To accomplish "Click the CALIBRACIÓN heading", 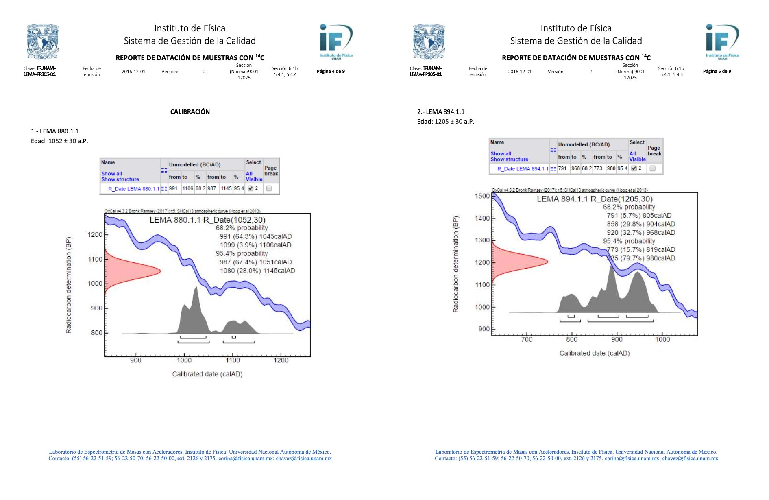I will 190,111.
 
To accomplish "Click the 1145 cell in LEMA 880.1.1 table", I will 226,188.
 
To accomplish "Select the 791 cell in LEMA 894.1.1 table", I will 562,168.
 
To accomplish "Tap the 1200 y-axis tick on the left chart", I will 95,235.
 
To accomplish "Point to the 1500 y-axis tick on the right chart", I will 482,196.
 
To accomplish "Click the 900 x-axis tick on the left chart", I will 136,360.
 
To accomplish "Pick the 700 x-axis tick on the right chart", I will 527,339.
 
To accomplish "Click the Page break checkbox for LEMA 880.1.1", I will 269,188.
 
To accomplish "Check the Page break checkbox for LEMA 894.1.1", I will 653,168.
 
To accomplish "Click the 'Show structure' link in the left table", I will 120,179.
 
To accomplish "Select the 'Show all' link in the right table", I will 501,154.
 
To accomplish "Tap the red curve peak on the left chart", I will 159,271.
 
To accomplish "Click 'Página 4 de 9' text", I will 331,71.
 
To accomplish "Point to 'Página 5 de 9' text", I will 717,71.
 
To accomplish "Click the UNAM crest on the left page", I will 43,42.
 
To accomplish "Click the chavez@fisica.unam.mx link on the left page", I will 304,459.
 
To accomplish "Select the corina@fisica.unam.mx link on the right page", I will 632,459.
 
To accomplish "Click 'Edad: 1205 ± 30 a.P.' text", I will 446,122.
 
